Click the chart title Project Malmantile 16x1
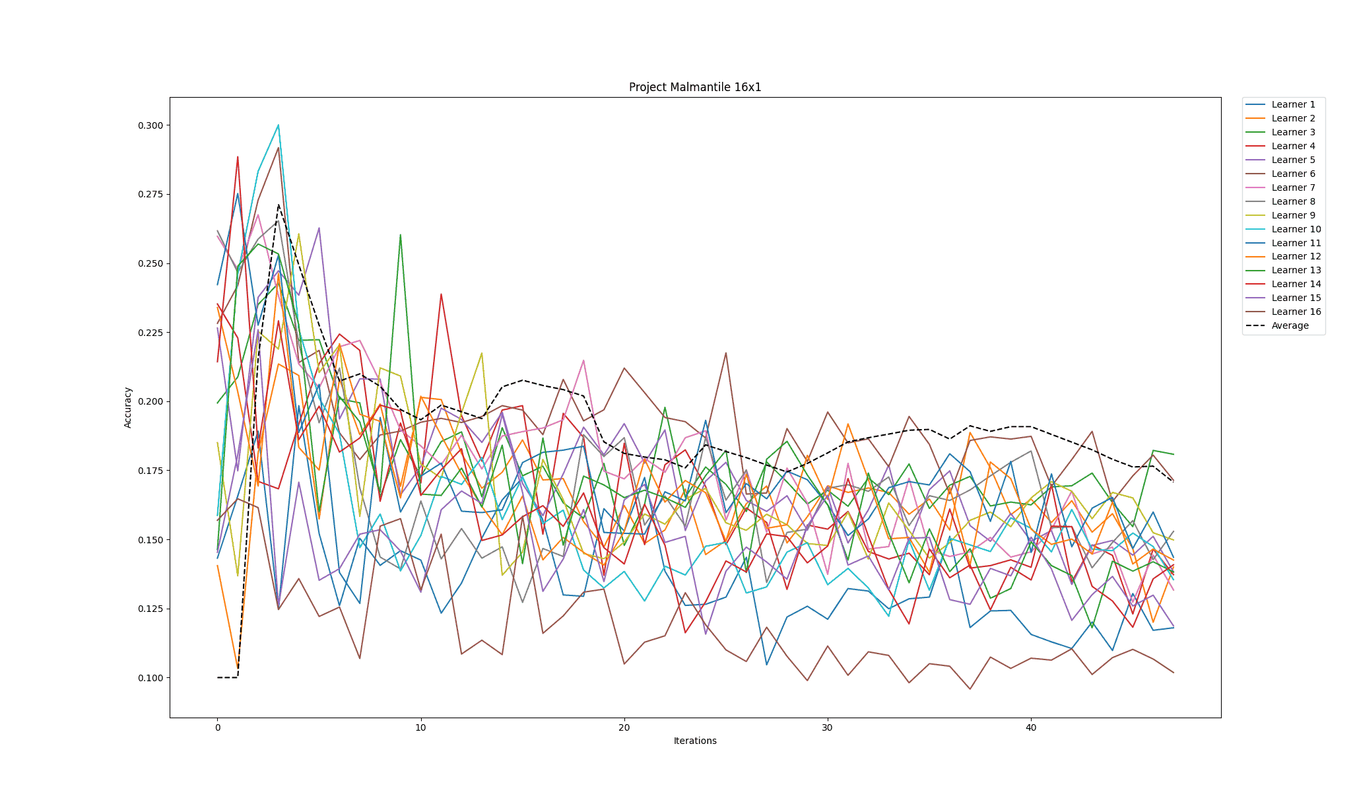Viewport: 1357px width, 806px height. [695, 87]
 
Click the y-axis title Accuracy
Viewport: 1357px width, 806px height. [128, 407]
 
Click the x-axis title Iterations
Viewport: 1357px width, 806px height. [695, 741]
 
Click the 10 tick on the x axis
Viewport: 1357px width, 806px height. [420, 727]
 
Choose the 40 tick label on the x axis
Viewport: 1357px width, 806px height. [1031, 727]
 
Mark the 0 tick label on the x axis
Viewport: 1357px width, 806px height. [217, 727]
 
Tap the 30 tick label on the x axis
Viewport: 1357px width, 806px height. [828, 727]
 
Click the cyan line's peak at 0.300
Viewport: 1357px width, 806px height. [279, 125]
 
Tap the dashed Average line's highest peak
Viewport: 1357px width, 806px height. [279, 205]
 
